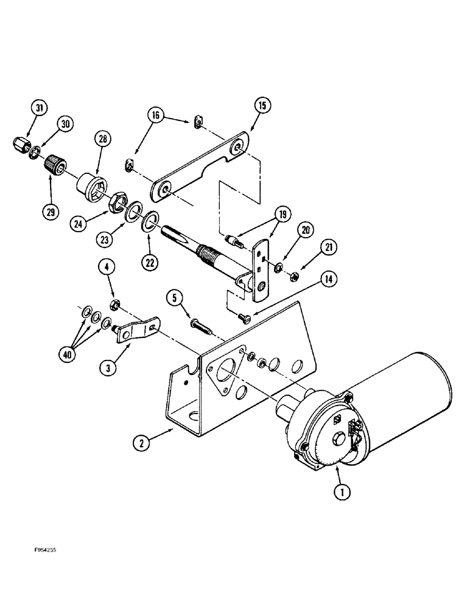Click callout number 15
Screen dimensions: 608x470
262,105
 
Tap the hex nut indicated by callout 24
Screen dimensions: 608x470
116,203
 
